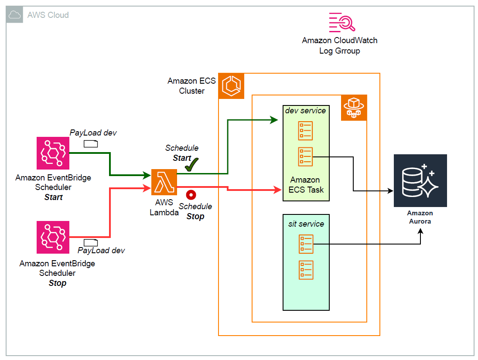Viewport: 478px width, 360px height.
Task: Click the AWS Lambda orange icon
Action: coord(164,182)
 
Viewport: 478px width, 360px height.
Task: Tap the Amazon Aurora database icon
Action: coord(420,180)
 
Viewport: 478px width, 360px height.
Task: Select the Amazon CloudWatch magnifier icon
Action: coord(342,22)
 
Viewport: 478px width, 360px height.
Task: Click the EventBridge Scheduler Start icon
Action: coord(53,153)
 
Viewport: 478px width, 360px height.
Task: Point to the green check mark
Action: coord(191,164)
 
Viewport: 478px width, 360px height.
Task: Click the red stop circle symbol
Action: coord(191,195)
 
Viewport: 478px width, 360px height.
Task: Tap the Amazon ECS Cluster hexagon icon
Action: coord(231,86)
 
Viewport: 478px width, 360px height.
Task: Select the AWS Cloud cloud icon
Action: coord(15,15)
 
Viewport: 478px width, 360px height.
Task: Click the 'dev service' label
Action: coord(305,111)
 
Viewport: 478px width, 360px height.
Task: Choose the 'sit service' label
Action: coord(306,224)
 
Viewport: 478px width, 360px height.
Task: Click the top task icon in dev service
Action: coord(305,131)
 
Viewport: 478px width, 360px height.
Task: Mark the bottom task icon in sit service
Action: coord(305,270)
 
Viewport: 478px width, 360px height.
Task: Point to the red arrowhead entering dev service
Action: coord(277,190)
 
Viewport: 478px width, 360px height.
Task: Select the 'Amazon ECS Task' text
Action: coord(307,185)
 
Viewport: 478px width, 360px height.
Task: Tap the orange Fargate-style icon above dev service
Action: coord(354,108)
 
